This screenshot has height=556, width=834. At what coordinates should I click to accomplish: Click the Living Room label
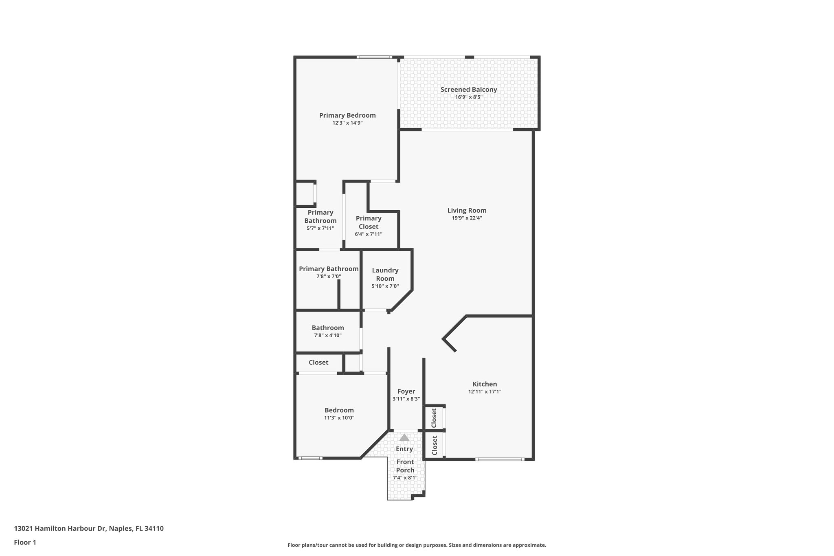coord(467,211)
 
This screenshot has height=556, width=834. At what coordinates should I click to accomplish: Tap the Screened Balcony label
coord(468,90)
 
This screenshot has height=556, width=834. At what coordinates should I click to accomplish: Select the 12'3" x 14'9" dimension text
coord(347,123)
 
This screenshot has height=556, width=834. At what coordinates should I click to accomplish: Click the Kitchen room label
coord(485,384)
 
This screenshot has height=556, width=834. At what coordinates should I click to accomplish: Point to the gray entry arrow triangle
coord(404,438)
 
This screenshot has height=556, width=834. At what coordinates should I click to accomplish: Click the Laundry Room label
coord(385,274)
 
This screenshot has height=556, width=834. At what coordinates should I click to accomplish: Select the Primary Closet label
coord(368,222)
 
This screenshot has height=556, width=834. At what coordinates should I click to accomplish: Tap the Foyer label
coord(406,391)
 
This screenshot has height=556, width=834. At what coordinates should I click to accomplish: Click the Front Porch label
coord(405,466)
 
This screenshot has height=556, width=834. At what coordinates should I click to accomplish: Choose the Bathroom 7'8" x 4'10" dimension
coord(327,335)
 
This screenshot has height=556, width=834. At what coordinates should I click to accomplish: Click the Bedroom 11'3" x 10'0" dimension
coord(339,418)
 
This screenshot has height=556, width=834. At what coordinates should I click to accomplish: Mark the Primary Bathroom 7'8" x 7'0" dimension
coord(328,276)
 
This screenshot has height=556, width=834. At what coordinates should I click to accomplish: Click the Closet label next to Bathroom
coord(318,363)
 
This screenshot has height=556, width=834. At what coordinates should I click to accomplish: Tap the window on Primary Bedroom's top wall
coord(374,57)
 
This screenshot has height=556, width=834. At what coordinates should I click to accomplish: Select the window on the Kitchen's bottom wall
coord(499,459)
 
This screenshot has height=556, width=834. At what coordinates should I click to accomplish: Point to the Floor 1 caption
coord(25,543)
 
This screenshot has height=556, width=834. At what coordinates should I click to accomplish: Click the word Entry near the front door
coord(404,449)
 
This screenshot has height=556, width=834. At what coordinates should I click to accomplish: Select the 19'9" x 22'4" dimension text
coord(467,218)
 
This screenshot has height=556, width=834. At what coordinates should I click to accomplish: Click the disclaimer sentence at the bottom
coord(417,545)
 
